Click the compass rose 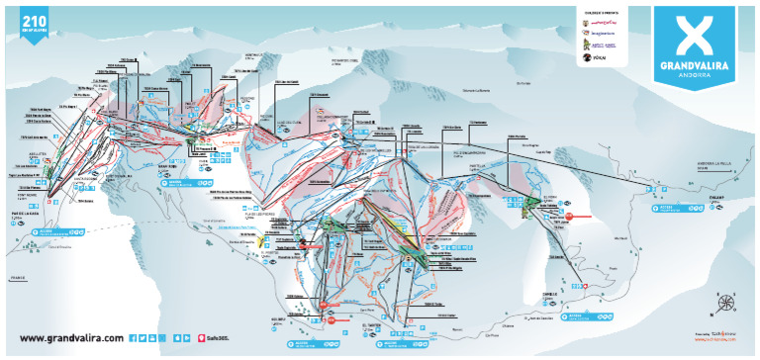(x=726, y=304)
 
